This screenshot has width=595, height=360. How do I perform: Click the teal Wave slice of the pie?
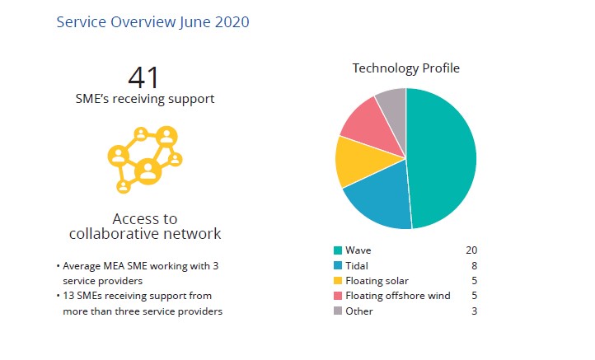tap(445, 157)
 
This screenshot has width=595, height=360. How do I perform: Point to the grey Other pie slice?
tap(392, 105)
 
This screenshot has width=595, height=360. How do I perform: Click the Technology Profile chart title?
tap(406, 68)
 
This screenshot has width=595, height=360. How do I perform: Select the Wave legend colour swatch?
tap(338, 250)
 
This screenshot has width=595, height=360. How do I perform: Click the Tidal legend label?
tap(358, 265)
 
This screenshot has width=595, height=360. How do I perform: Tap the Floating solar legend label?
tap(377, 281)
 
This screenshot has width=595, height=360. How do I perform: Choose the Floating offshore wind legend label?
tap(398, 296)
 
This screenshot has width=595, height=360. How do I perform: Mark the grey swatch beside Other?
tap(338, 311)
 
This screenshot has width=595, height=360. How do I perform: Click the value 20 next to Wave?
tap(471, 250)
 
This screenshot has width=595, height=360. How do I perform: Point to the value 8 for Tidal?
tap(474, 265)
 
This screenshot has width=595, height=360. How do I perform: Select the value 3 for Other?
tap(474, 311)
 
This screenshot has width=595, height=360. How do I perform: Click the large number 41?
tap(144, 77)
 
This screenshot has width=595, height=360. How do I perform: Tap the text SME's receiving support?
tap(144, 99)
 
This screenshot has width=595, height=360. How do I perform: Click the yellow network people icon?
tap(145, 159)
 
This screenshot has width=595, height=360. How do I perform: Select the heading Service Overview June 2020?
tap(152, 22)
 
